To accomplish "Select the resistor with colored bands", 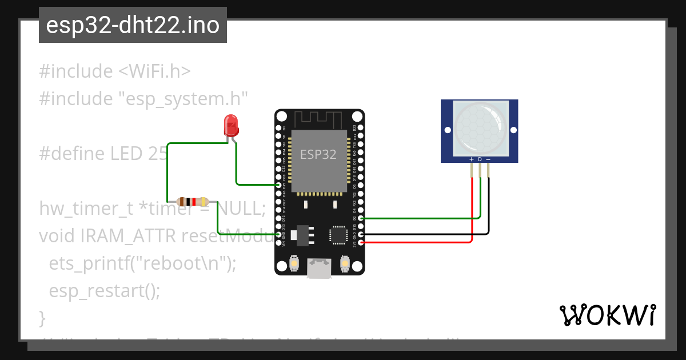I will click(193, 202).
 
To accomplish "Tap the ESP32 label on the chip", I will click(318, 154).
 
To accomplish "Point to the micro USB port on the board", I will click(319, 268).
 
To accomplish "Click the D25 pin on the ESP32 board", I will click(279, 185).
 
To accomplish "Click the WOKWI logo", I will click(607, 315).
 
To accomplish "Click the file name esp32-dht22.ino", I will click(133, 25).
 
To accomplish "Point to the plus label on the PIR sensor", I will click(471, 159).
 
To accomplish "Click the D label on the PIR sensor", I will click(480, 159).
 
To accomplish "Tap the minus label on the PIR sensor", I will click(488, 159).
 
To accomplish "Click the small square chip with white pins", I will click(338, 235).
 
